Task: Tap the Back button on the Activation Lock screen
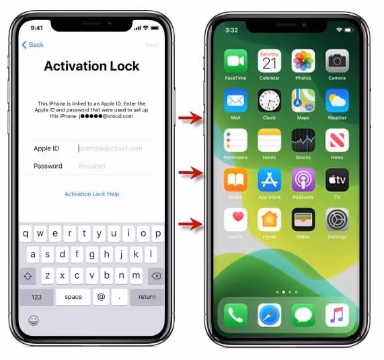point(32,45)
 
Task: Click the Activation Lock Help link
point(91,194)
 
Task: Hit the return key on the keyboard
point(147,297)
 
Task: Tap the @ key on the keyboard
point(101,297)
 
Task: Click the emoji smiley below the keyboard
point(33,320)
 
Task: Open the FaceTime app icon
point(235,62)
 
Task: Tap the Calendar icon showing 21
point(269,62)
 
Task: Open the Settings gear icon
point(337,220)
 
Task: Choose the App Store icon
point(269,180)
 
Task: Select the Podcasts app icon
point(303,180)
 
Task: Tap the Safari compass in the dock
point(269,314)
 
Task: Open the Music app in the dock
point(337,314)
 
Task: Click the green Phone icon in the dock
point(235,314)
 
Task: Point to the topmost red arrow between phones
point(191,120)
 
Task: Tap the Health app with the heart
point(235,220)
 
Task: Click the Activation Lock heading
point(91,66)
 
